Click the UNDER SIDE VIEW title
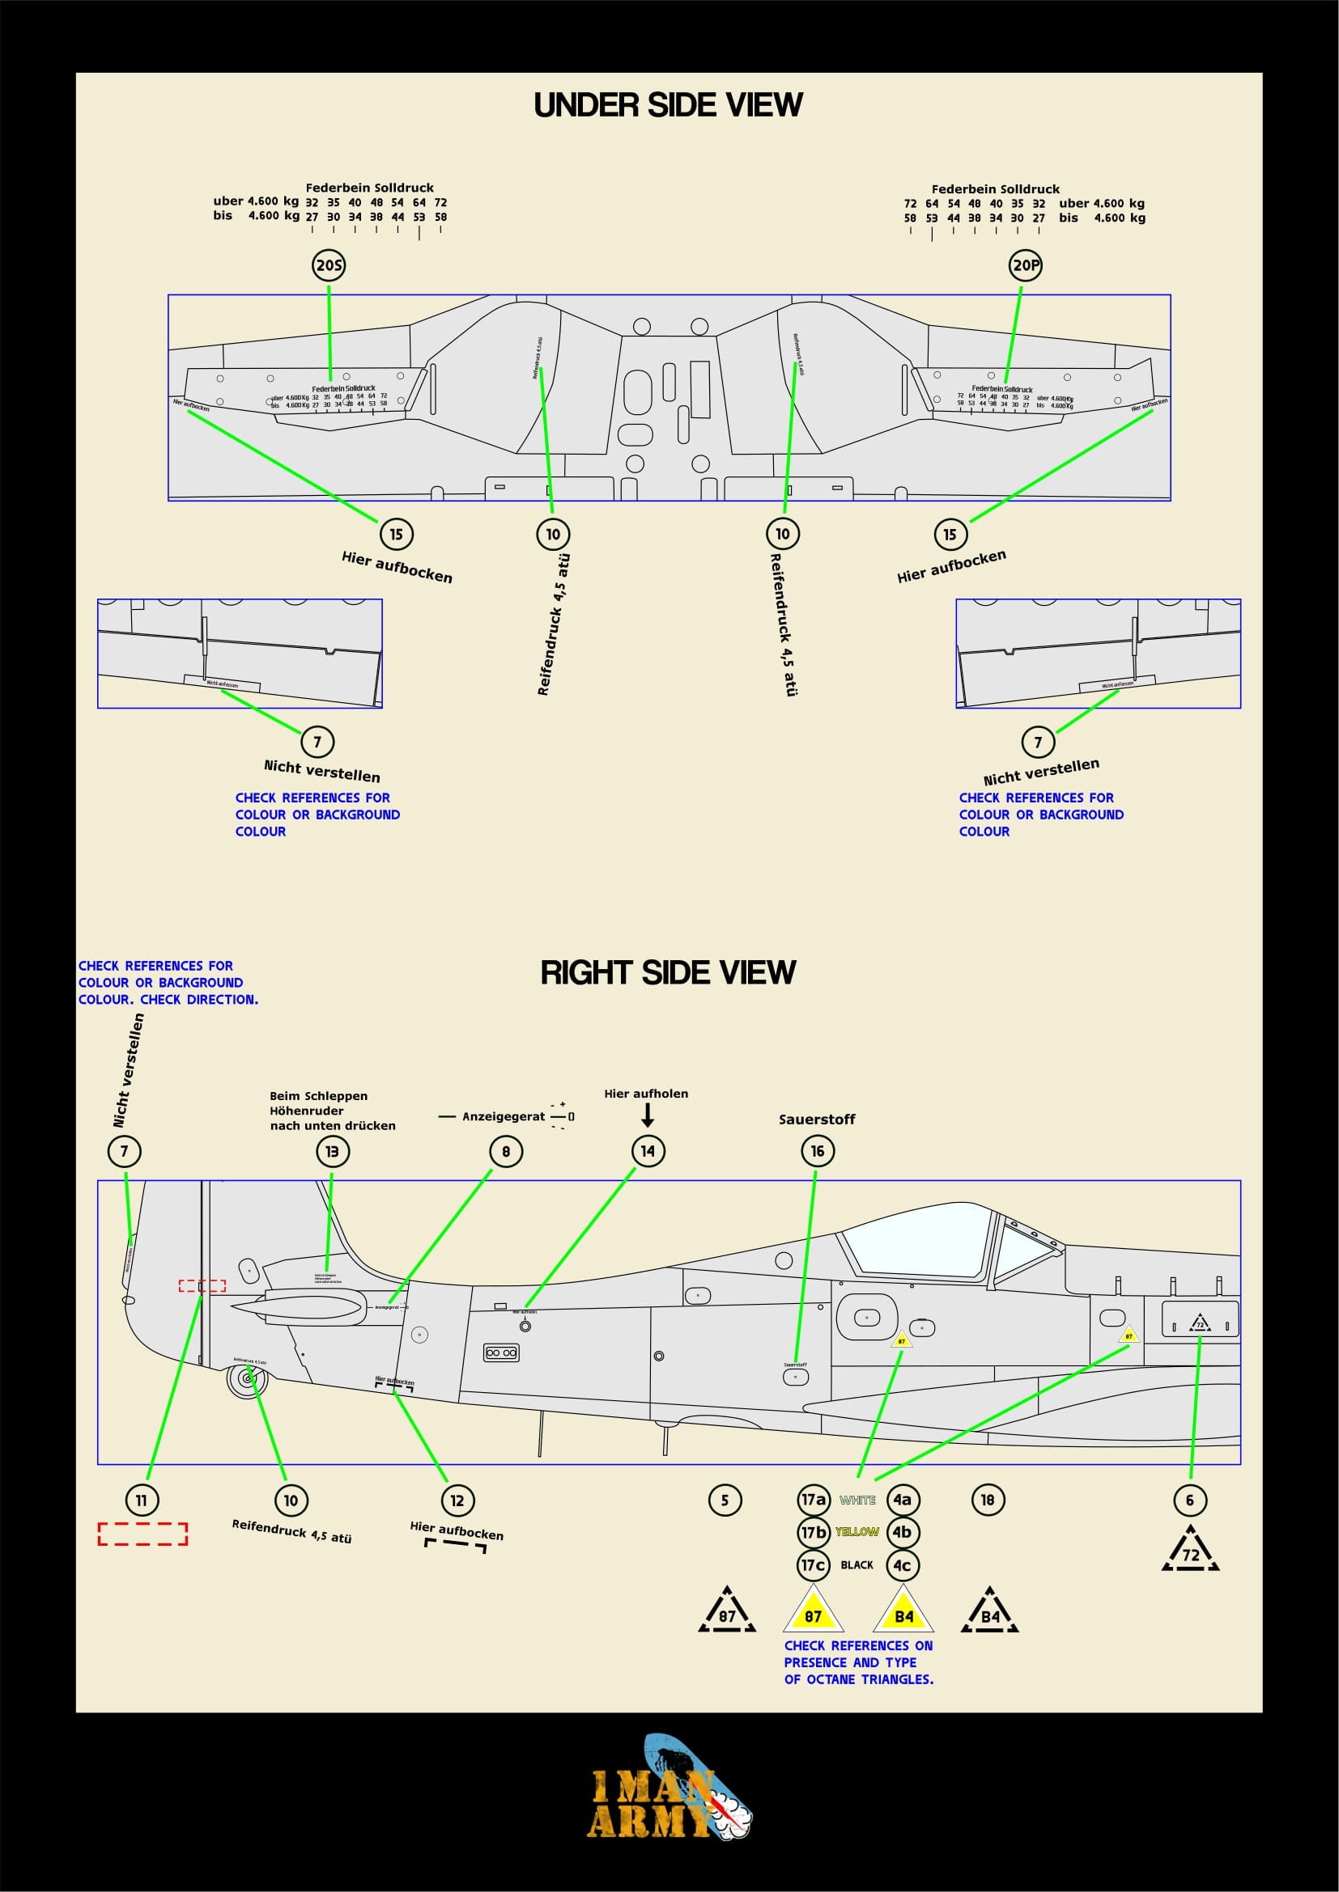click(668, 104)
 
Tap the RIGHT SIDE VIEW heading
click(668, 972)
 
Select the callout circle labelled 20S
click(329, 265)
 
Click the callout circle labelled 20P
click(1026, 265)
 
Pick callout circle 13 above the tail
click(332, 1151)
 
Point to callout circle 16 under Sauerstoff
click(817, 1151)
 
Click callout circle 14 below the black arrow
click(648, 1151)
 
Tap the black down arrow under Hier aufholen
click(648, 1115)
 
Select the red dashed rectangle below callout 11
click(142, 1534)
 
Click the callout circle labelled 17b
click(813, 1532)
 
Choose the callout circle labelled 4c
click(902, 1565)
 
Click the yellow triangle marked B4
click(903, 1613)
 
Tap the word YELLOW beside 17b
click(857, 1532)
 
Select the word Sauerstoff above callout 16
click(816, 1119)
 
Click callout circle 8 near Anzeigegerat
click(505, 1151)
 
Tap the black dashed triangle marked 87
click(726, 1612)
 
